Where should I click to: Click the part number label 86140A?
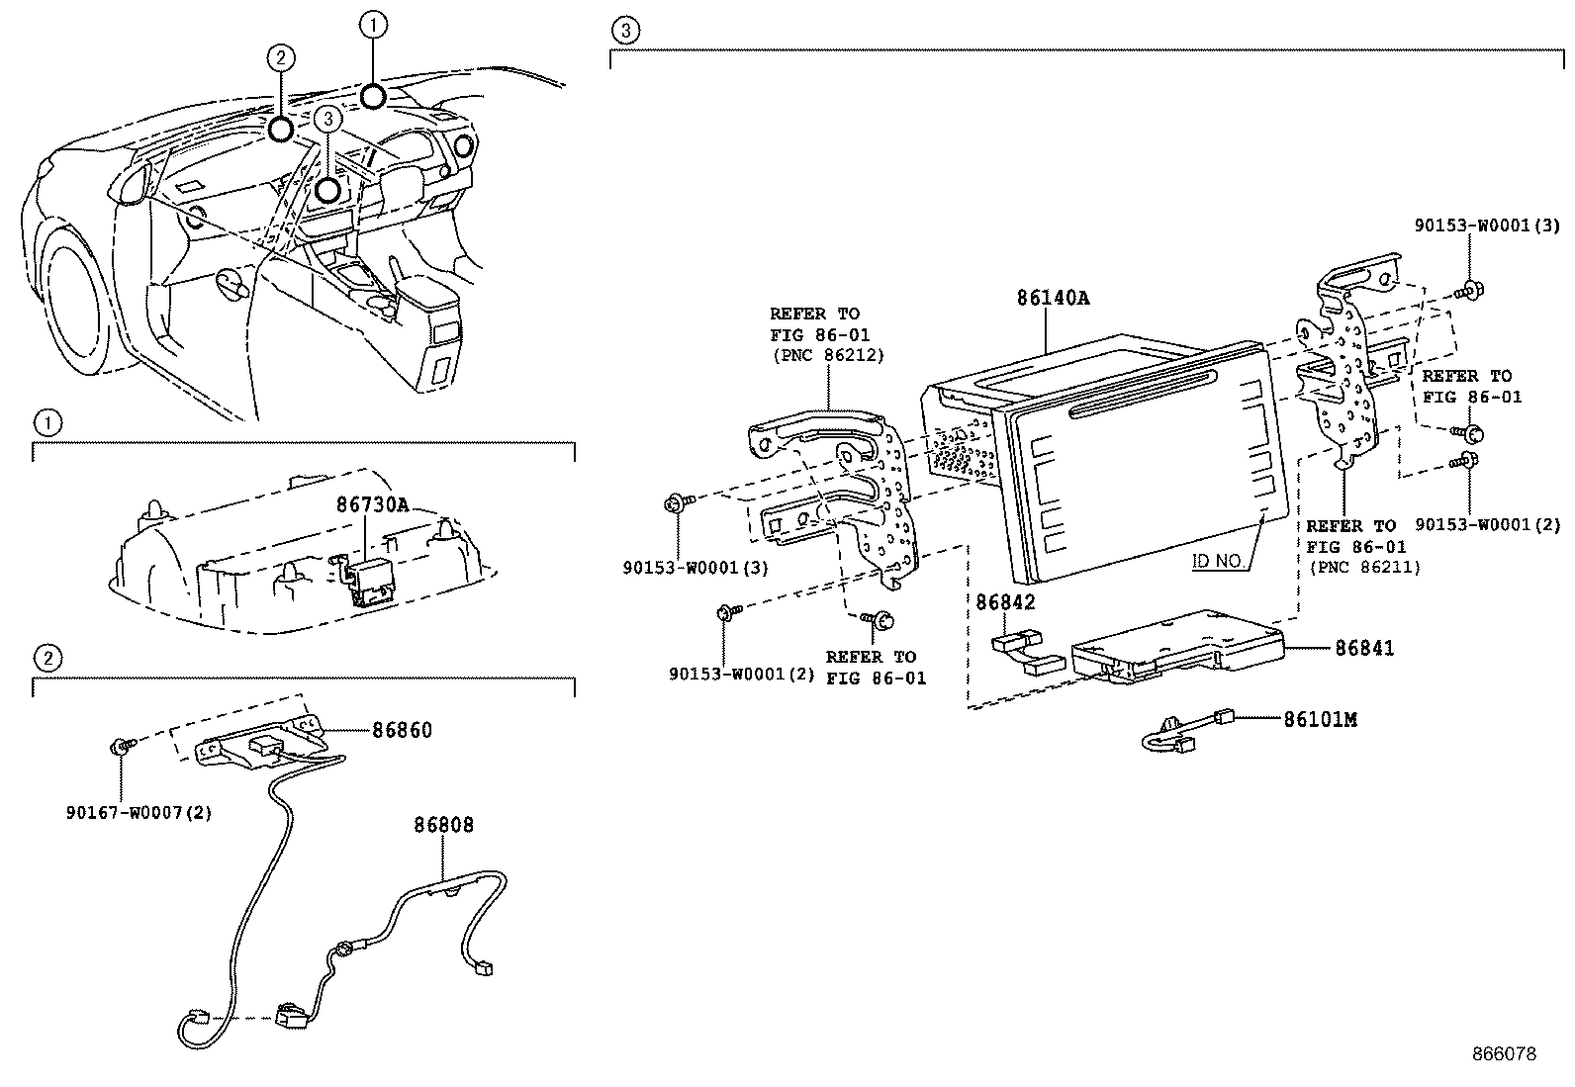coord(1053,297)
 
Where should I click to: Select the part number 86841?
coord(1364,648)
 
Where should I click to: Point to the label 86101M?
coord(1320,719)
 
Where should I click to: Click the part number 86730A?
coord(372,504)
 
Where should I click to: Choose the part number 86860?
coord(402,730)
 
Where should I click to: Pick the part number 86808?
coord(443,824)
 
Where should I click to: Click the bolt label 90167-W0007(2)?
coord(139,813)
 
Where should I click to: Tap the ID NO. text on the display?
coord(1218,561)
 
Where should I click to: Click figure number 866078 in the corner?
coord(1505,1054)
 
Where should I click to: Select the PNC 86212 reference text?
coord(827,354)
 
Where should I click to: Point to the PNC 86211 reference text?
coord(1364,567)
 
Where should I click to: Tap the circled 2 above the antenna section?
coord(46,656)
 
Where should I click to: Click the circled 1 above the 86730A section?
coord(46,423)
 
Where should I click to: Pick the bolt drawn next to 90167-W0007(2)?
coord(120,745)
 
